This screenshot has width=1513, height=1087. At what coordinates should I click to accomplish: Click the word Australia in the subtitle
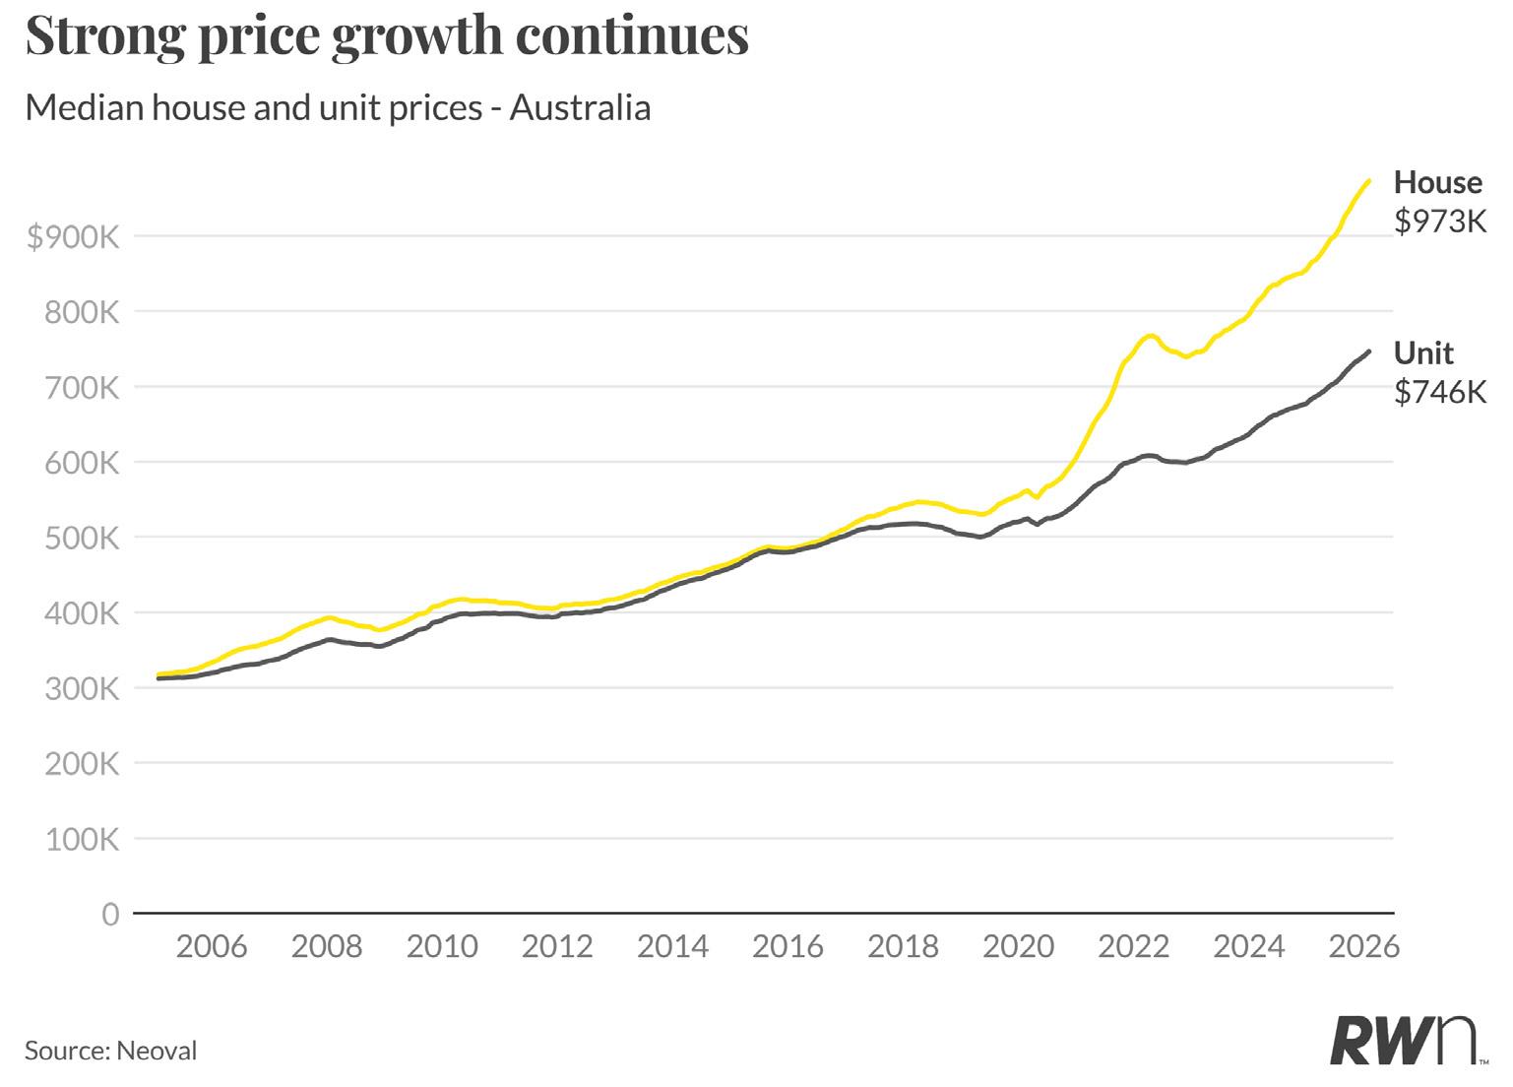[580, 107]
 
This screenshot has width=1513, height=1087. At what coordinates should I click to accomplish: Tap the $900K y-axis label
[73, 236]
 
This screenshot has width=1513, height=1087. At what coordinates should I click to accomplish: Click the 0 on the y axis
[110, 915]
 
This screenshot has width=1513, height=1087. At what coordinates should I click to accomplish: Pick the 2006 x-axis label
[212, 947]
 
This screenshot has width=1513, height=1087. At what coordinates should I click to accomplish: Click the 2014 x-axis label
[672, 947]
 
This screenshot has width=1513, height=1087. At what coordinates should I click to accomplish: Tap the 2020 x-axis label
[1018, 947]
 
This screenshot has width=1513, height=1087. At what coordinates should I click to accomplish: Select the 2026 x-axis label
[1363, 947]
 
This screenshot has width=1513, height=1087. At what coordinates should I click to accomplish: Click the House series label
[1437, 183]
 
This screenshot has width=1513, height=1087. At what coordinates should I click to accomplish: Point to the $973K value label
[1439, 222]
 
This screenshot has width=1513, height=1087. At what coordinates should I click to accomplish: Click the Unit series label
[1423, 352]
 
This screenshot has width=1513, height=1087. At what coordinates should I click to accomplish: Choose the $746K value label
[1439, 392]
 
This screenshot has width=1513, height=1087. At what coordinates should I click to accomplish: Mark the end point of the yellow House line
[1368, 181]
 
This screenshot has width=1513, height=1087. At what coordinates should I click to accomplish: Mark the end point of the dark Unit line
[1368, 352]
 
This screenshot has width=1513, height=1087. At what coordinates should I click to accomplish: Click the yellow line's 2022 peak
[1150, 336]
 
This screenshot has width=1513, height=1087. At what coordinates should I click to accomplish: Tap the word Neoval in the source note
[157, 1051]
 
